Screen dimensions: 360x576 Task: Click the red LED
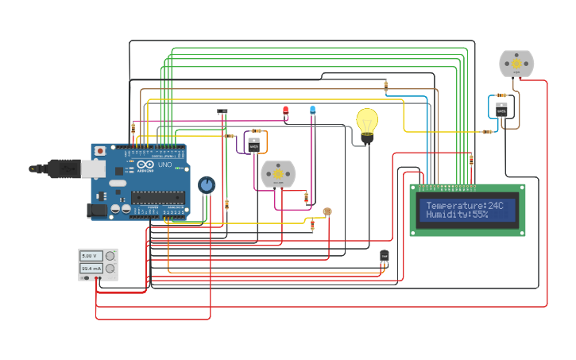click(x=286, y=110)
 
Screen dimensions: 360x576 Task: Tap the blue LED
click(x=312, y=109)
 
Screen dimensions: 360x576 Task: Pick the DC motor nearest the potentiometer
click(x=278, y=173)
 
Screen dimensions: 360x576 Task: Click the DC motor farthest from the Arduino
click(x=516, y=64)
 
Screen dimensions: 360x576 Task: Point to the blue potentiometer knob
click(x=207, y=185)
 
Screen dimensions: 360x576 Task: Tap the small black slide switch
click(x=222, y=111)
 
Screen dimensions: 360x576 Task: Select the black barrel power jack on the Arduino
click(x=97, y=211)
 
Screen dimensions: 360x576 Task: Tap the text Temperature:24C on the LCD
click(x=465, y=205)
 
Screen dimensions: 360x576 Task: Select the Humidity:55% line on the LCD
click(x=457, y=215)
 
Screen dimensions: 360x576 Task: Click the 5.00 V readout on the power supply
click(x=89, y=256)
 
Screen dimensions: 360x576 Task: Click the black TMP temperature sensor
click(x=385, y=255)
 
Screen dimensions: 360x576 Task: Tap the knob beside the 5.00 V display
click(x=110, y=256)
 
